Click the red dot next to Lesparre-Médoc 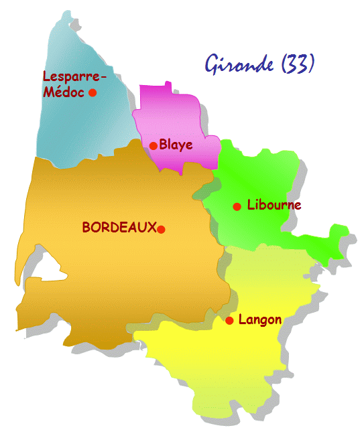pyautogui.click(x=93, y=92)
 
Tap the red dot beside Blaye pyautogui.click(x=154, y=145)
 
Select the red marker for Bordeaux pyautogui.click(x=161, y=229)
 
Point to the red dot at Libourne pyautogui.click(x=237, y=206)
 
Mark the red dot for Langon pyautogui.click(x=229, y=321)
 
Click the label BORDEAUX pyautogui.click(x=119, y=228)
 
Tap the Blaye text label pyautogui.click(x=176, y=144)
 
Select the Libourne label pyautogui.click(x=274, y=205)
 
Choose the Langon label pyautogui.click(x=259, y=319)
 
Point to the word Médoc pyautogui.click(x=64, y=92)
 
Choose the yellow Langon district pyautogui.click(x=221, y=362)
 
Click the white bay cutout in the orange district pyautogui.click(x=47, y=268)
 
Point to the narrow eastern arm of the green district pyautogui.click(x=328, y=241)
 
